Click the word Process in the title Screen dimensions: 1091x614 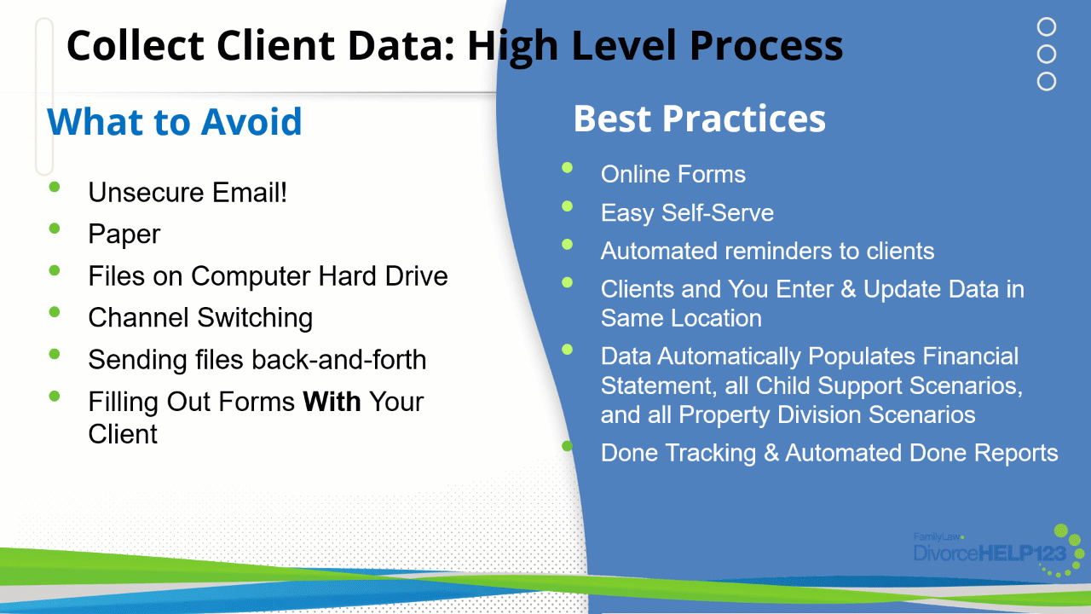tap(766, 46)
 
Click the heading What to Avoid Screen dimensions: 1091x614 tap(175, 121)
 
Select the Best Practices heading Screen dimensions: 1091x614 tap(700, 119)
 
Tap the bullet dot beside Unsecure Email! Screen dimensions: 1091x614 tap(55, 187)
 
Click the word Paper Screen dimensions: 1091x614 tap(124, 234)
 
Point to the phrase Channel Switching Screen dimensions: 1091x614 tap(200, 318)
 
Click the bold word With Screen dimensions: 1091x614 tap(332, 402)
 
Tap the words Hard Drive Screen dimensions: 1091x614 tap(383, 275)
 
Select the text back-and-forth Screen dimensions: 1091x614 tap(339, 360)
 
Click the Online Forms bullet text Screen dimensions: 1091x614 tap(673, 174)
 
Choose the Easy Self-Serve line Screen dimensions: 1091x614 tap(687, 213)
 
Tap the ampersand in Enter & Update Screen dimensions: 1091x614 tap(848, 289)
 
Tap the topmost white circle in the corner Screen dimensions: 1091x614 tap(1046, 26)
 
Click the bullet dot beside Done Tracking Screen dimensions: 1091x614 tap(567, 445)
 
